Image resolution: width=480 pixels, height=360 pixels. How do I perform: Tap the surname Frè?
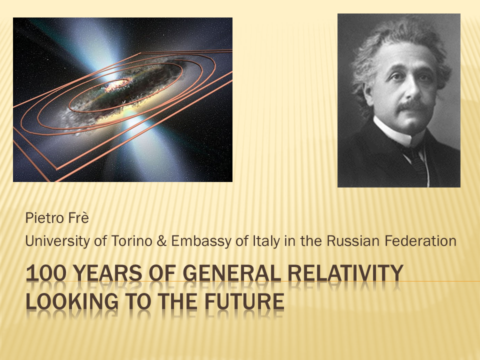(x=78, y=218)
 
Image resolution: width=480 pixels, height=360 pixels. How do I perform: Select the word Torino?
(x=132, y=241)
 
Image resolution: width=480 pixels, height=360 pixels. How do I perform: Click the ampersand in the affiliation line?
(x=161, y=241)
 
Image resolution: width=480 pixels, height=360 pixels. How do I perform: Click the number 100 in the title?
(x=46, y=273)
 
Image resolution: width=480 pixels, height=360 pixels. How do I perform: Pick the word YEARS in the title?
(x=108, y=273)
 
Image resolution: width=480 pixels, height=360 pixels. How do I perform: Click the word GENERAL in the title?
(x=231, y=273)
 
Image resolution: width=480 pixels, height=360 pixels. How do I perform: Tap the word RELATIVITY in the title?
(x=345, y=273)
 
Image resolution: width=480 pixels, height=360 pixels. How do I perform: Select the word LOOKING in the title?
(x=72, y=301)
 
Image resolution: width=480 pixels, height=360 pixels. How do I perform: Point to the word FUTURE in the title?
(x=244, y=301)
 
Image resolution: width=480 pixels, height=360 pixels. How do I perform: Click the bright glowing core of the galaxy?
(x=118, y=85)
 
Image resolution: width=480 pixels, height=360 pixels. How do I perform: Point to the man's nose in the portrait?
(x=412, y=89)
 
